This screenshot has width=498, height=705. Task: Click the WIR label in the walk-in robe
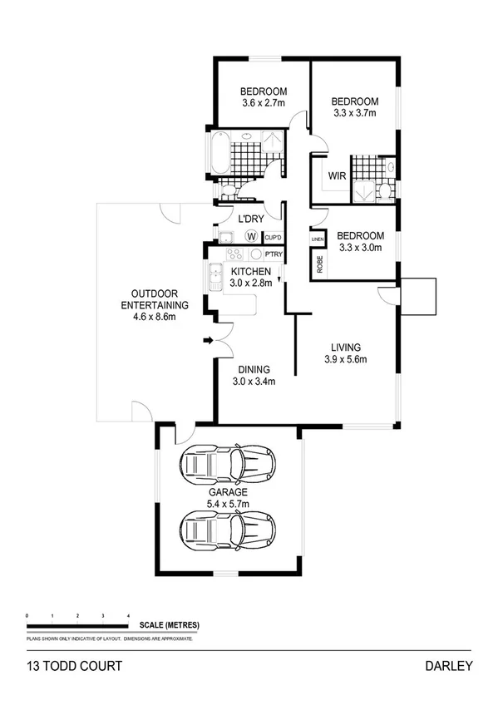(x=337, y=176)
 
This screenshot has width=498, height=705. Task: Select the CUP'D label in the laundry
(x=273, y=238)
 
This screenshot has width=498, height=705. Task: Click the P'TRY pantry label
(x=273, y=255)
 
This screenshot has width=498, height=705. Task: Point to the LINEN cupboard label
(x=317, y=239)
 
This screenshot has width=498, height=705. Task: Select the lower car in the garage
(x=229, y=526)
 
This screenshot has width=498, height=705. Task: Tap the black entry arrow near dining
(x=208, y=339)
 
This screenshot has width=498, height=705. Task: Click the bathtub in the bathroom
(x=219, y=152)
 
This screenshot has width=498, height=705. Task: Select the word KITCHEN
(x=250, y=272)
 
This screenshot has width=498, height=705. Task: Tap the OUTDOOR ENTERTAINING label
(x=155, y=299)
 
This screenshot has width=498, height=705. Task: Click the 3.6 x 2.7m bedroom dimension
(x=264, y=103)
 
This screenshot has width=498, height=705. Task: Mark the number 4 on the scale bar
(x=127, y=615)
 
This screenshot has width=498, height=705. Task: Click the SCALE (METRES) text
(x=170, y=624)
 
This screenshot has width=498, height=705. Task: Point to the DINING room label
(x=254, y=371)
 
